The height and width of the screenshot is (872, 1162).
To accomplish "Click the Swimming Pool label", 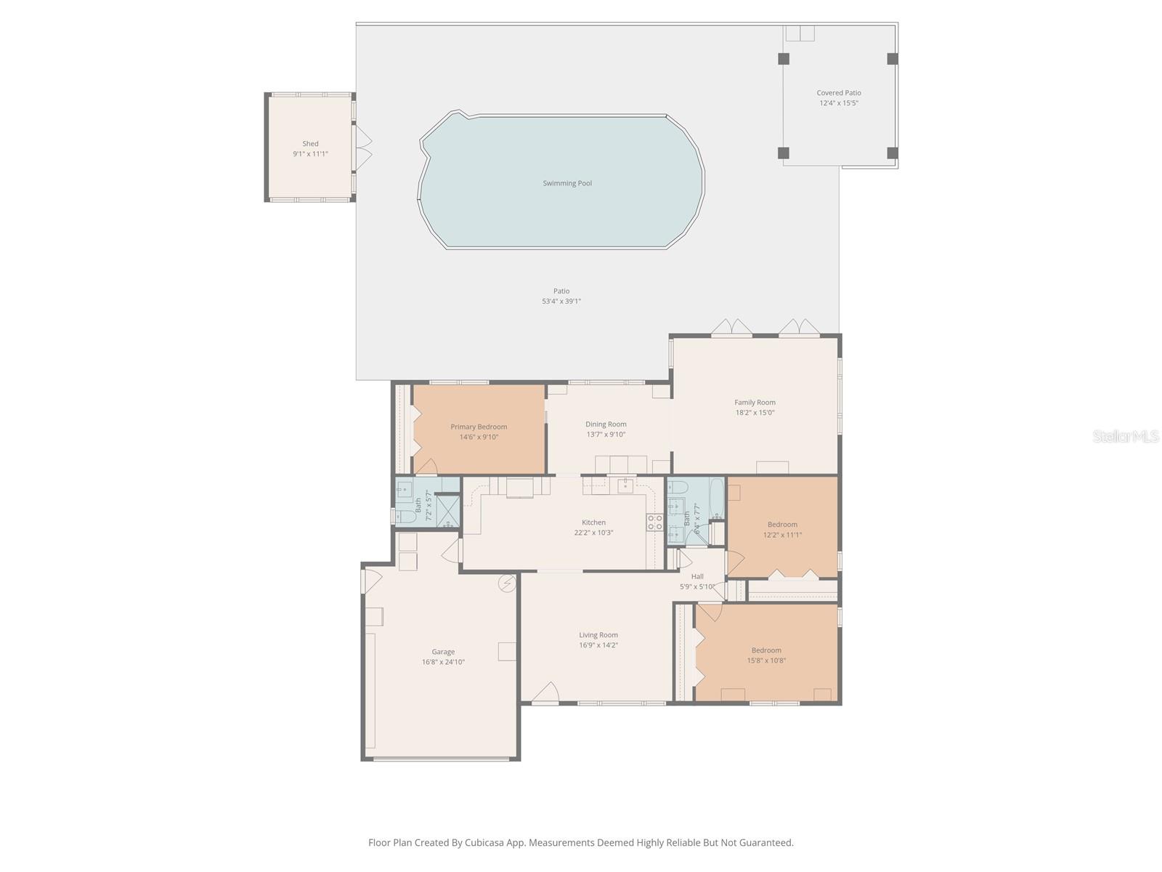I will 567,183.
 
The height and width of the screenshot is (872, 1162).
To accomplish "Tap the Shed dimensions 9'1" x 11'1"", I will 310,154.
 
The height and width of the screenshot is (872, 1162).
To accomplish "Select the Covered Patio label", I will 839,93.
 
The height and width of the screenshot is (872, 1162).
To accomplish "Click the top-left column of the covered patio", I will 784,59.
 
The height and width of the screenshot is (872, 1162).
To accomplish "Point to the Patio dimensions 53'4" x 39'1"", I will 561,302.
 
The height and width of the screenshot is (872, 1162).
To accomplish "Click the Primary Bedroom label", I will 479,427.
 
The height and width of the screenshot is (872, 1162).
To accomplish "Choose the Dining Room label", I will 606,424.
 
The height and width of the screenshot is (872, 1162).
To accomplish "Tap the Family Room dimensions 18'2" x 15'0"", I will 755,413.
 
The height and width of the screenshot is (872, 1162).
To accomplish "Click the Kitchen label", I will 593,522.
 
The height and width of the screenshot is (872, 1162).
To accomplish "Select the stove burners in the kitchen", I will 654,522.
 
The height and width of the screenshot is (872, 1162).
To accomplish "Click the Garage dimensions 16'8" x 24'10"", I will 443,662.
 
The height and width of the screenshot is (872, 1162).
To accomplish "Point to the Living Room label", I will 598,635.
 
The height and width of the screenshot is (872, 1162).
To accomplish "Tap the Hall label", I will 697,577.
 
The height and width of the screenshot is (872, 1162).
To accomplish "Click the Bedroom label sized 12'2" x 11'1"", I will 782,525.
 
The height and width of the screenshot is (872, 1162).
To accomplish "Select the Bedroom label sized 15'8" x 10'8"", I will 766,650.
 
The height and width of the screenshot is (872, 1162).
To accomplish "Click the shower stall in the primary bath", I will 447,510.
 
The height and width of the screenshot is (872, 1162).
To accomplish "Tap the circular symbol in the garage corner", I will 506,583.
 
